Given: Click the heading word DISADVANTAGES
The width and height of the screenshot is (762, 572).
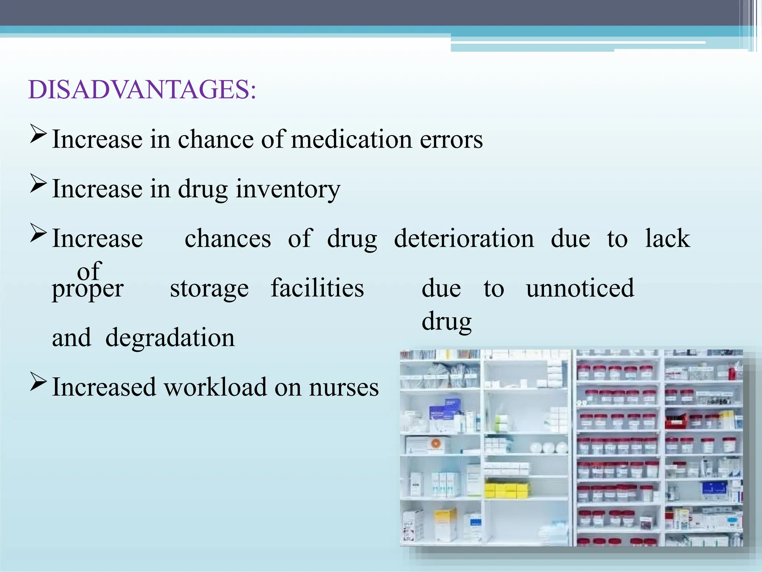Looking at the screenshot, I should click(x=142, y=90).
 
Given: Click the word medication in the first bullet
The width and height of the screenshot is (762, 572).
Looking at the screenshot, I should click(x=351, y=139).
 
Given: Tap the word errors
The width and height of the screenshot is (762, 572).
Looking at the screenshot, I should click(x=451, y=139).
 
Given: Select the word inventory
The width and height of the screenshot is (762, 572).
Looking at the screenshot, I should click(x=288, y=189).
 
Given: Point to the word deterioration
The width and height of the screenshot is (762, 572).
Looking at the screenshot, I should click(x=464, y=238).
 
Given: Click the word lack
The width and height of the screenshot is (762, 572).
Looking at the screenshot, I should click(x=667, y=238).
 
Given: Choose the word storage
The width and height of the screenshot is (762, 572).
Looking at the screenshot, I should click(x=209, y=288).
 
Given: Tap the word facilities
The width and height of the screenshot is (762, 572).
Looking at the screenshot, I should click(x=317, y=288).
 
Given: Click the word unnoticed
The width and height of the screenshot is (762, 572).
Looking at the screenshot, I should click(x=580, y=288).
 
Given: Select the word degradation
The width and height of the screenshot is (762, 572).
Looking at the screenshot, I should click(x=170, y=338).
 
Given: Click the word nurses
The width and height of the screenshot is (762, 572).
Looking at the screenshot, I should click(x=344, y=387).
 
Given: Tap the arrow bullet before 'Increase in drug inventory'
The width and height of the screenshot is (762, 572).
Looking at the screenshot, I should click(x=38, y=184).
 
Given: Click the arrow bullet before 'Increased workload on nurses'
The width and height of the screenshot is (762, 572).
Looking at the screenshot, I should click(x=38, y=382).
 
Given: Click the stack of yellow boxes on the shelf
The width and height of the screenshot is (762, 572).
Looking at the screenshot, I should click(x=506, y=490).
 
